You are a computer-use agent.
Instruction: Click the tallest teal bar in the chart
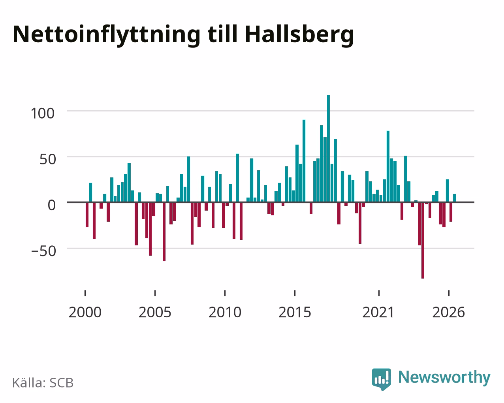click(328, 148)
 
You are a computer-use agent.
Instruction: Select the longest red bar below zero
click(423, 240)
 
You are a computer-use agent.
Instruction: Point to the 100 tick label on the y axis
click(43, 113)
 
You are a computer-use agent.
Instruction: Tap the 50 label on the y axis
click(48, 159)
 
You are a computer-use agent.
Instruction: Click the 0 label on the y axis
click(52, 205)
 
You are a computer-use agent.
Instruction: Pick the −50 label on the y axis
click(44, 251)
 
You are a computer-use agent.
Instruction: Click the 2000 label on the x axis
click(85, 312)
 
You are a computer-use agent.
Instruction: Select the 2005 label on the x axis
click(155, 312)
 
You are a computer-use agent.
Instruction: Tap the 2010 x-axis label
click(225, 312)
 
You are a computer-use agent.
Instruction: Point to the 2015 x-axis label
click(295, 312)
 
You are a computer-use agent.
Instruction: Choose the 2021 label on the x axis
click(378, 312)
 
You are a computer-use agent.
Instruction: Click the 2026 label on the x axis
click(448, 312)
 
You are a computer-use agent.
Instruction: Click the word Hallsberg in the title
click(299, 35)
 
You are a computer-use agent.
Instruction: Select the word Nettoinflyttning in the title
click(107, 35)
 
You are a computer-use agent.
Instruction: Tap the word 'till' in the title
click(223, 34)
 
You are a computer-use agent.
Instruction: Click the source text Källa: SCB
click(43, 383)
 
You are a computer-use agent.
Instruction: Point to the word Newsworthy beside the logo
click(444, 377)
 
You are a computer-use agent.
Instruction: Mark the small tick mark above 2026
click(449, 293)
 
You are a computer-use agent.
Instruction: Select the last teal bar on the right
click(454, 198)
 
